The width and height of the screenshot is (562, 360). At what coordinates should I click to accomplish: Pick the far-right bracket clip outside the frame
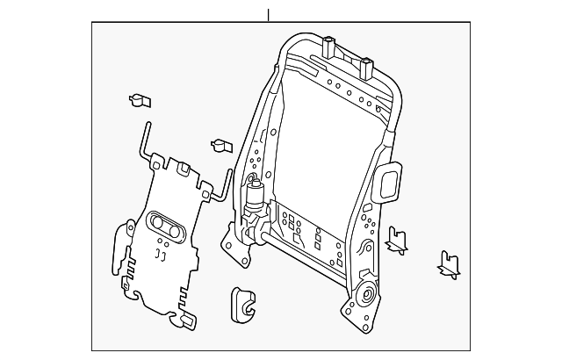[x=450, y=263]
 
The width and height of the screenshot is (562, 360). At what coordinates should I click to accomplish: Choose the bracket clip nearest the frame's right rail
[x=397, y=239]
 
